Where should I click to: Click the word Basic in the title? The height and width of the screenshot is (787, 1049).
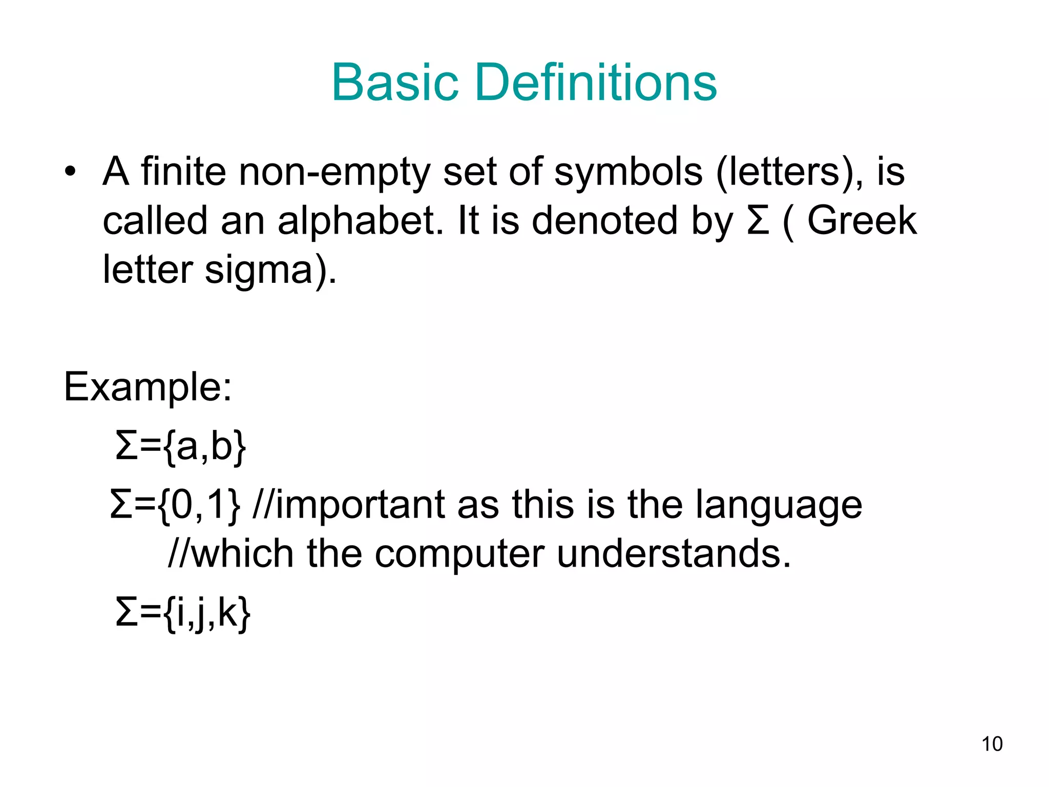(x=394, y=82)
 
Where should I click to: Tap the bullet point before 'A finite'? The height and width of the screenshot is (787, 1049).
(x=70, y=172)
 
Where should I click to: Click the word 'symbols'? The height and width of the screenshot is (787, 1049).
(x=628, y=172)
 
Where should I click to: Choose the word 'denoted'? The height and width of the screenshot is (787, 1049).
(x=604, y=220)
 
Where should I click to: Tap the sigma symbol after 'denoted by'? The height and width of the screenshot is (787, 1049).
(x=758, y=220)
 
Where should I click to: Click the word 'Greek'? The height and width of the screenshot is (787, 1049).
(x=862, y=220)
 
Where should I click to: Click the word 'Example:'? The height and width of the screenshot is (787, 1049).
(x=148, y=387)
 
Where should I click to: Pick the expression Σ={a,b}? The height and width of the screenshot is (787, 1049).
(x=181, y=447)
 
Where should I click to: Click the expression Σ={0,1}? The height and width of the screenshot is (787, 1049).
(x=175, y=505)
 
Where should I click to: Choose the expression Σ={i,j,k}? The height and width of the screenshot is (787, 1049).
(x=183, y=613)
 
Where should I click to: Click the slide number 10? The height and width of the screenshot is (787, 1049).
(x=992, y=744)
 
